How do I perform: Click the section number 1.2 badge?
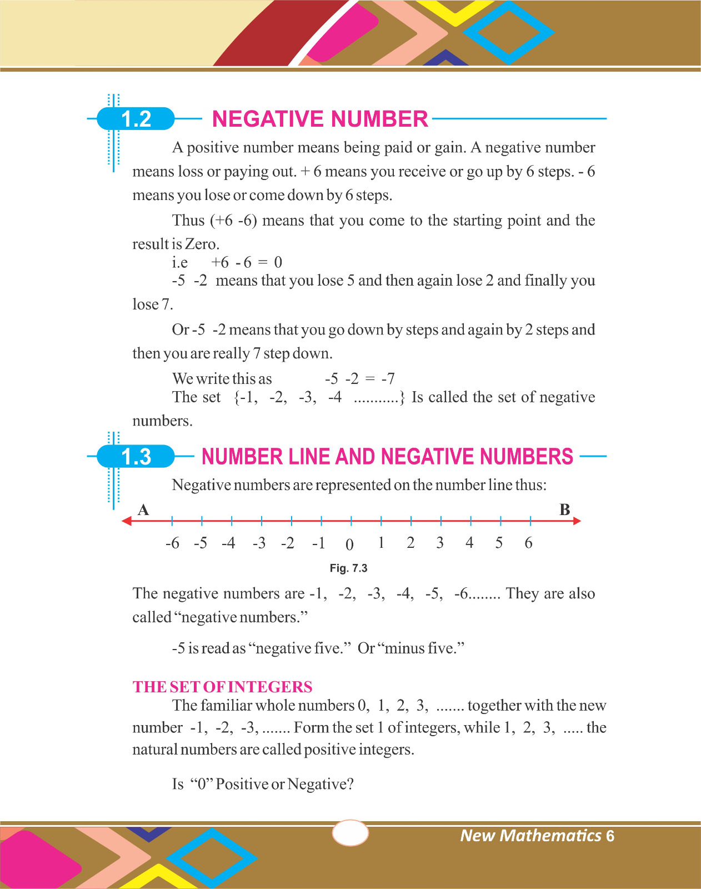point(136,119)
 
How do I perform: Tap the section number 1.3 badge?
point(136,457)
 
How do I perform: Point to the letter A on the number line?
point(143,510)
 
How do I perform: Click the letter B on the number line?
point(565,510)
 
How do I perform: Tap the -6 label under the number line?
point(173,543)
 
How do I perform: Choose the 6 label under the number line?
point(528,543)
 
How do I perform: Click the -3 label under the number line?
point(259,543)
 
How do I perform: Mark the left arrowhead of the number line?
point(127,521)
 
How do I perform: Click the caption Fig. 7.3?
point(348,568)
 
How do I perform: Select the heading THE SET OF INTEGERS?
point(222,687)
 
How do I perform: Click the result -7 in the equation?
point(388,379)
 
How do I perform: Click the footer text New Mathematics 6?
point(537,836)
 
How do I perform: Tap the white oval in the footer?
point(350,833)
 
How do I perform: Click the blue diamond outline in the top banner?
point(509,32)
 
